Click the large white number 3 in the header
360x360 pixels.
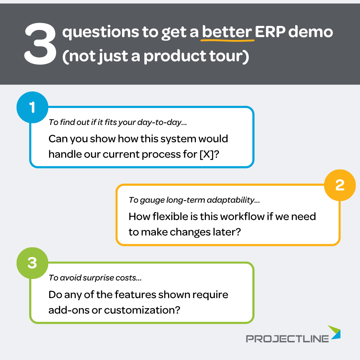(x=40, y=45)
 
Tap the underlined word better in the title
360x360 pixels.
(x=227, y=32)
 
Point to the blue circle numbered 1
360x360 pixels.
(x=32, y=108)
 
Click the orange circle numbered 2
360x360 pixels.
(x=339, y=185)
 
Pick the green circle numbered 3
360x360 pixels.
(x=32, y=263)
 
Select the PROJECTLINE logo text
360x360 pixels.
(x=287, y=338)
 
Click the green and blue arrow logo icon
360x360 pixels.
(x=334, y=332)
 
